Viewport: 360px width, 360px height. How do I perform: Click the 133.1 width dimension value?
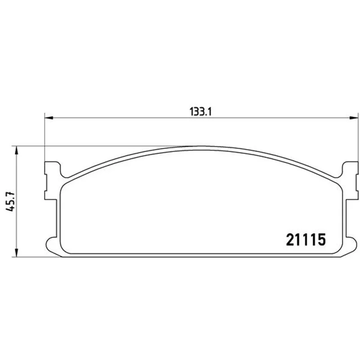[x=200, y=112]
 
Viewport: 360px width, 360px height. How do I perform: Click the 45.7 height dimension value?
[x=10, y=201]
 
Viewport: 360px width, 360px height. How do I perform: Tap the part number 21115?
[x=306, y=239]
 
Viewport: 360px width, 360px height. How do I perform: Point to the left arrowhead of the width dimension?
[x=49, y=118]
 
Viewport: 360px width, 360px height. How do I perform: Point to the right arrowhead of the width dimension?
[x=354, y=118]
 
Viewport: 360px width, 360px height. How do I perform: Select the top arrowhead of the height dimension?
[x=16, y=150]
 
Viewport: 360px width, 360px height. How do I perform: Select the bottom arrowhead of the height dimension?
[x=16, y=252]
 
